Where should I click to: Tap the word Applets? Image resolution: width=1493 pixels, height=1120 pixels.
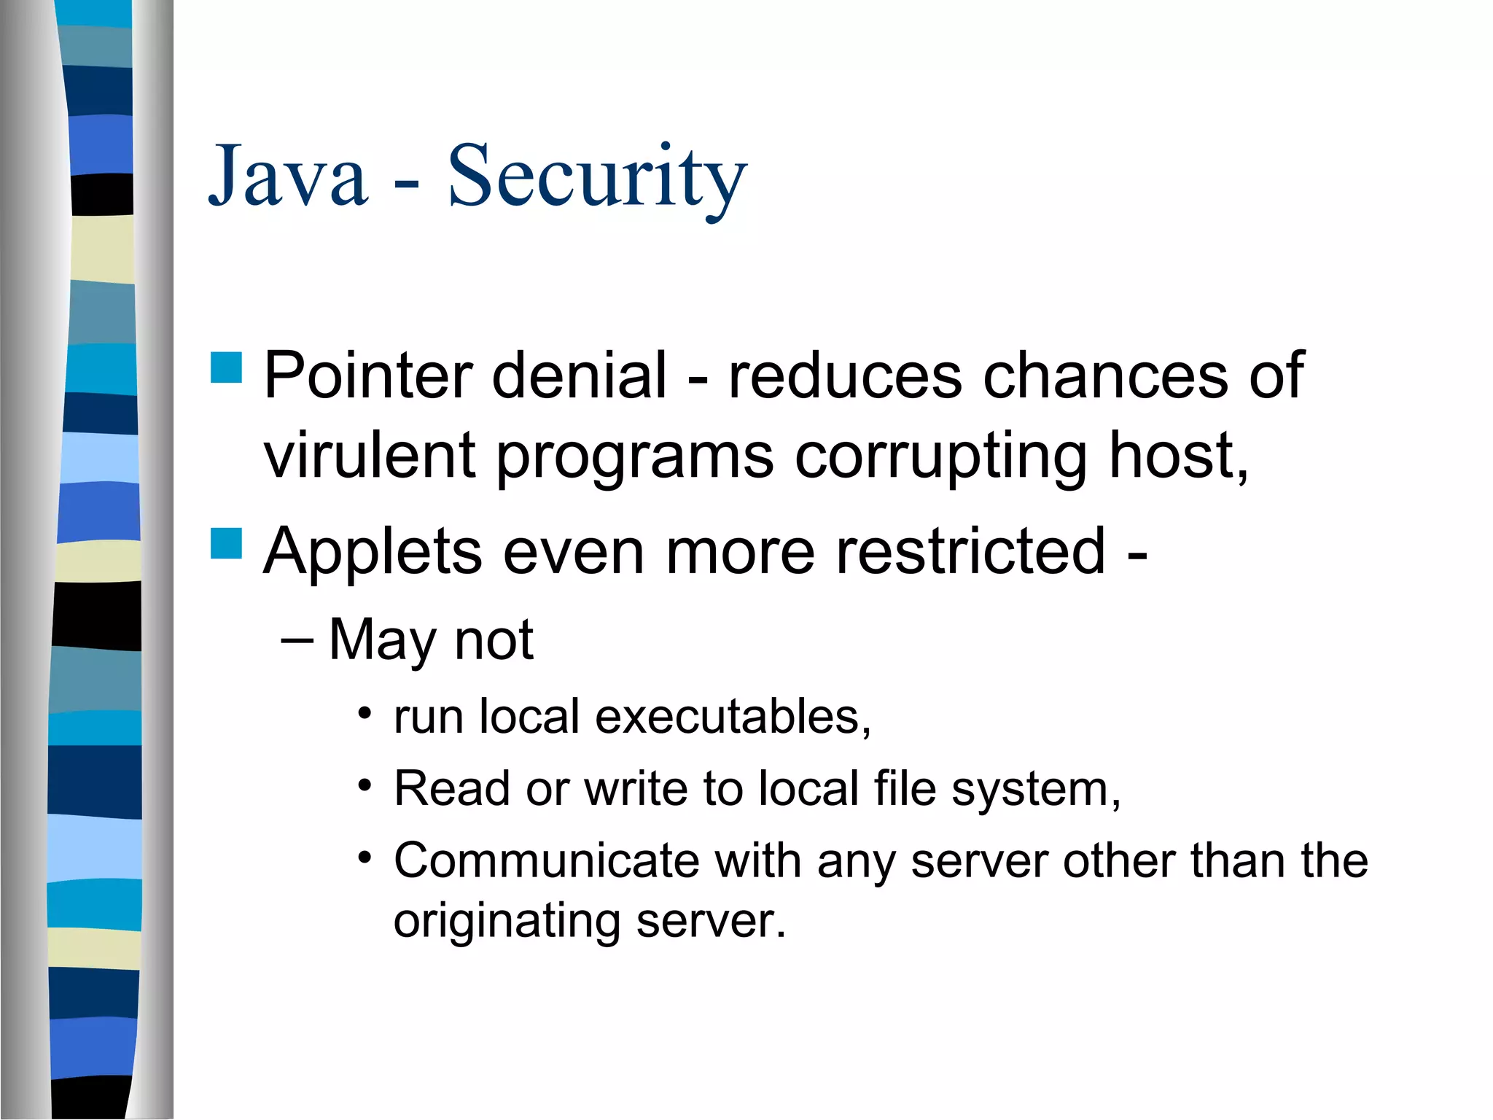click(373, 551)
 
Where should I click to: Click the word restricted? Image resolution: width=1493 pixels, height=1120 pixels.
click(970, 551)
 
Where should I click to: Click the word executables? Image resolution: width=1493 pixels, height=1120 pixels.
click(733, 716)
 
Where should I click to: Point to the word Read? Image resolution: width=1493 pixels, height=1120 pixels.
click(451, 788)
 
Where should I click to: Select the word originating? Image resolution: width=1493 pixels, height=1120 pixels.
click(507, 922)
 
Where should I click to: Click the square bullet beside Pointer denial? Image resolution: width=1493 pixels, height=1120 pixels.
click(226, 367)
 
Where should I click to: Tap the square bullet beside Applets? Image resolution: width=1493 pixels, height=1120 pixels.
click(226, 543)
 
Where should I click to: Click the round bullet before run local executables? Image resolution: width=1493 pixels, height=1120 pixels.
click(365, 711)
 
